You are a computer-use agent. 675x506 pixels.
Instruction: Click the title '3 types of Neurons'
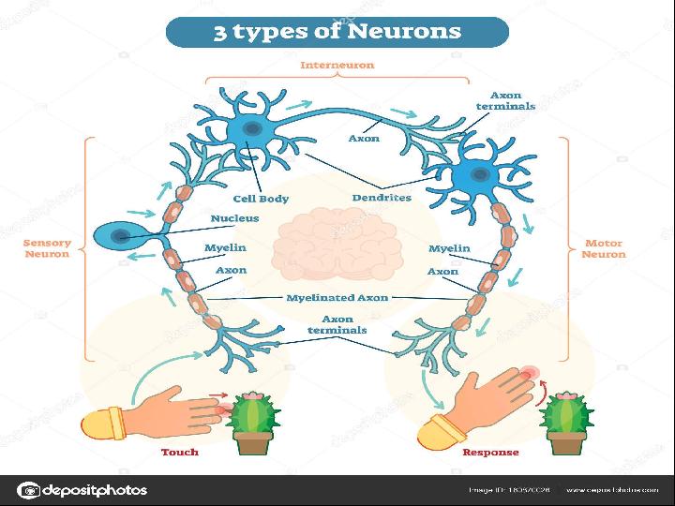point(337,31)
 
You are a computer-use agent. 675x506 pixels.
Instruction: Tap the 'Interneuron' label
point(337,65)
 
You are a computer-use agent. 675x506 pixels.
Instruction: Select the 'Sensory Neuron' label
point(47,248)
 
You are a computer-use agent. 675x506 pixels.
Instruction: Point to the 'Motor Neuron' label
point(603,248)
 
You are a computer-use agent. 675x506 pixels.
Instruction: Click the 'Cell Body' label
point(261,199)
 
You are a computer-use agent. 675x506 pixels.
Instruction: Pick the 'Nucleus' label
point(235,218)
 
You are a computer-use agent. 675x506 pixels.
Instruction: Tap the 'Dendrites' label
point(382,198)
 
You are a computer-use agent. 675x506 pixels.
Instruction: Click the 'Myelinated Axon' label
point(337,297)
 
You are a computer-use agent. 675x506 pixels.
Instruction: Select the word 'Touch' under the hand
point(180,452)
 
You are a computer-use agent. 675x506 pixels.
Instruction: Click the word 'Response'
point(490,452)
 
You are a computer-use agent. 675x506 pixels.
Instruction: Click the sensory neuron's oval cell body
point(118,236)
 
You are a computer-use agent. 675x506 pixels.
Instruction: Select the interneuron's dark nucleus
point(250,128)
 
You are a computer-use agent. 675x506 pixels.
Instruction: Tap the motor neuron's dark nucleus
point(479,174)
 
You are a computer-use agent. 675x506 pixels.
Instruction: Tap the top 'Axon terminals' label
point(505,100)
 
